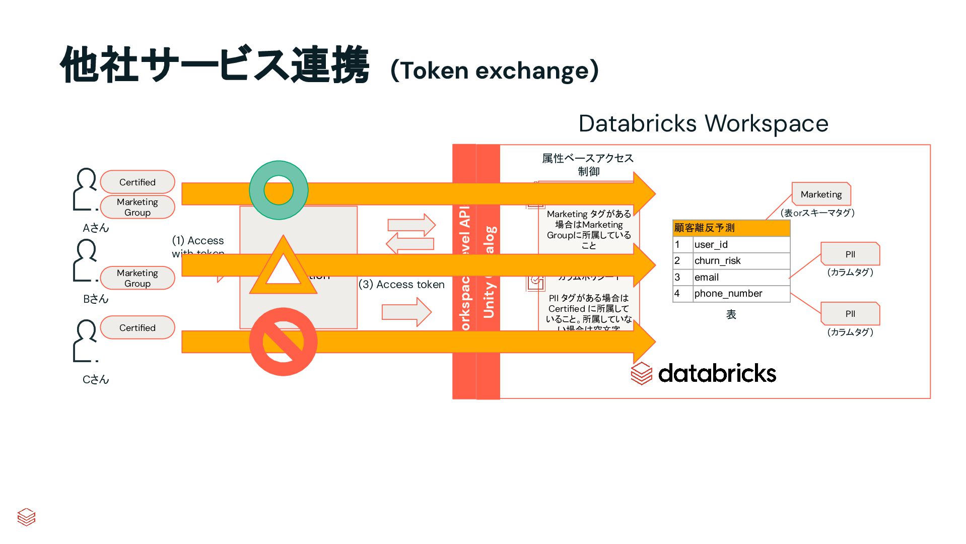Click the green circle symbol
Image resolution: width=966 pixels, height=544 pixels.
pos(279,190)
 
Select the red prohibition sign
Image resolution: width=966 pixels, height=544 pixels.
pos(283,342)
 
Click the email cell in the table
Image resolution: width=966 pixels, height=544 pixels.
pos(740,277)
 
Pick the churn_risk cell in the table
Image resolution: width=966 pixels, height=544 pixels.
pos(740,260)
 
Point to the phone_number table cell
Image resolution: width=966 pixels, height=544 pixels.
pos(740,293)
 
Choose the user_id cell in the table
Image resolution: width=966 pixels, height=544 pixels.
pos(740,244)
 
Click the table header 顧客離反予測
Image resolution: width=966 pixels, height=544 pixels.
pos(731,228)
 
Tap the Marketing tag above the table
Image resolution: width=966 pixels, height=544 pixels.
pos(821,194)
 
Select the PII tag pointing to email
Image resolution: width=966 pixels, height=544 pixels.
pos(850,254)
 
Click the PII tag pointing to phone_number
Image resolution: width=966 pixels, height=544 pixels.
pos(850,313)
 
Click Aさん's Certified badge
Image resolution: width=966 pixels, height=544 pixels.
pos(137,182)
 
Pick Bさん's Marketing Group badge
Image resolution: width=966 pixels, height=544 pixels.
pos(137,278)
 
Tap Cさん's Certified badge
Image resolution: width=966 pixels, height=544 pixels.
pos(137,327)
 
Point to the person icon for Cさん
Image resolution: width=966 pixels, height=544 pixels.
pos(86,341)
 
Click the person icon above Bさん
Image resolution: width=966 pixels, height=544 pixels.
pos(86,260)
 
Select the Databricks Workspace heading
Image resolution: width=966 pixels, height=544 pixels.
pos(703,123)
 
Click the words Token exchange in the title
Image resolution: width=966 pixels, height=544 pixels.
pos(495,71)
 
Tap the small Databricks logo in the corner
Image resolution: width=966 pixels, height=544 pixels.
pos(26,517)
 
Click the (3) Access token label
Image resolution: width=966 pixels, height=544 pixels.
pos(401,284)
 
